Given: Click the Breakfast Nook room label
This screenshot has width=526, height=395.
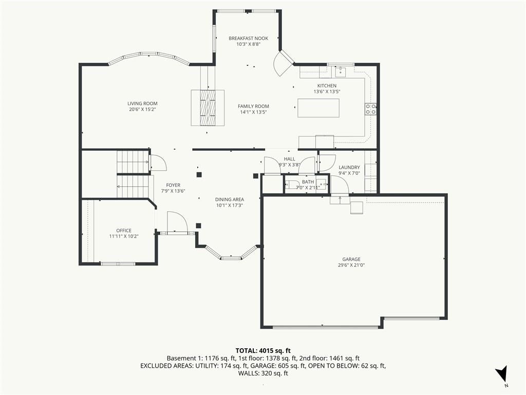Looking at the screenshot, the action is (x=248, y=38).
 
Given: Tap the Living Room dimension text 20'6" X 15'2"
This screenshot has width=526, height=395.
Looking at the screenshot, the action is (x=143, y=110).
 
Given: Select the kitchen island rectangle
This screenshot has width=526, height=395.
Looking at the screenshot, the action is (x=318, y=108).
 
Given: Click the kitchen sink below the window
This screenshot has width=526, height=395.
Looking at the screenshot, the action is (x=340, y=71).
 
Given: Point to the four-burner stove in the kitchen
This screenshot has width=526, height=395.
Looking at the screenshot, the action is (x=371, y=109).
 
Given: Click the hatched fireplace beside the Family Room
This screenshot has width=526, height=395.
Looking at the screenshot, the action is (x=208, y=108).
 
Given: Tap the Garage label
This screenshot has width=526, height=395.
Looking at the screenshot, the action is (x=351, y=259).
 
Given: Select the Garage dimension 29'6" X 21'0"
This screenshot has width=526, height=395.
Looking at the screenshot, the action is (x=351, y=265).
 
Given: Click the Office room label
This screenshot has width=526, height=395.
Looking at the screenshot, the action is (x=124, y=230).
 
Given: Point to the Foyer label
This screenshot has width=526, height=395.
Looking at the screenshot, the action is (x=173, y=185).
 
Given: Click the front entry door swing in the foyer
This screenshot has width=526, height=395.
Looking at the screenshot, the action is (x=177, y=222).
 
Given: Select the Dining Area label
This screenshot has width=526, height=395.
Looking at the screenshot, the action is (x=230, y=200).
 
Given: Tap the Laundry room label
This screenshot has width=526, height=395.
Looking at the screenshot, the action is (x=349, y=167).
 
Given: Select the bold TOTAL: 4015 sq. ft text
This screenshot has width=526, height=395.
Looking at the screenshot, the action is (x=263, y=351).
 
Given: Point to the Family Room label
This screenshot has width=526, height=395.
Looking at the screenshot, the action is (x=253, y=106).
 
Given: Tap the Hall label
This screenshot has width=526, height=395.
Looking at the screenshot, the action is (x=290, y=159).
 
